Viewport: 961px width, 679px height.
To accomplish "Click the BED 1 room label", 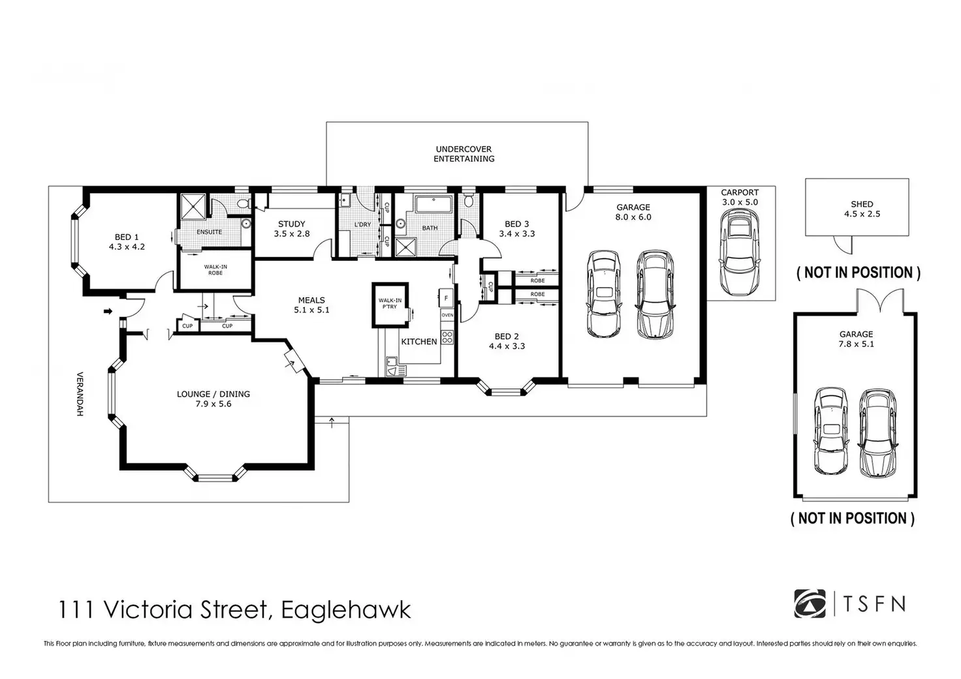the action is (x=127, y=237).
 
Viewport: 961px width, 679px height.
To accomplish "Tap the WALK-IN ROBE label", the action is (x=215, y=269).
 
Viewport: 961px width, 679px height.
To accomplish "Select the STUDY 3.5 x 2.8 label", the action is (x=292, y=228).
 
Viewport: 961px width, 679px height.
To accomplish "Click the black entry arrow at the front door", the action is (x=108, y=311).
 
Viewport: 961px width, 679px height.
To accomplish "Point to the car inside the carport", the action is (x=740, y=252).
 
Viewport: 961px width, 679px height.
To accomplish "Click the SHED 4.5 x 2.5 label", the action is (x=862, y=209).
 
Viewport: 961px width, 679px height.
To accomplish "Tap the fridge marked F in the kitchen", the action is (x=446, y=298).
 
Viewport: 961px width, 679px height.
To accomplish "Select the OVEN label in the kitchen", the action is (x=447, y=315).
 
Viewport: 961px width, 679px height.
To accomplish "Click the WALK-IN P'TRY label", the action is (x=390, y=303).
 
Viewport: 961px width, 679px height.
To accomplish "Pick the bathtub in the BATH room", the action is (x=433, y=204).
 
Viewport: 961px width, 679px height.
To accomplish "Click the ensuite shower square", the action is (x=193, y=207).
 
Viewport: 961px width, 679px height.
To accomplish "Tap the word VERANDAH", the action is (x=80, y=393).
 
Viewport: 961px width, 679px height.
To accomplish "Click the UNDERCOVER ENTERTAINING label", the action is (x=464, y=154).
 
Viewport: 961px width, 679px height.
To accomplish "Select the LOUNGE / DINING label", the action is (x=213, y=394).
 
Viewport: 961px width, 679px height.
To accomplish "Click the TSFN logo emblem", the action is (x=810, y=603).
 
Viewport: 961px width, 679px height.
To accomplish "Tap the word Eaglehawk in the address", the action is (x=346, y=609).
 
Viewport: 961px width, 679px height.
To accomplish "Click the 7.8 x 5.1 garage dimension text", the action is (x=857, y=344).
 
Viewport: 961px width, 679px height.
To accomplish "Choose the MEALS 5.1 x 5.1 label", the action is (x=311, y=305).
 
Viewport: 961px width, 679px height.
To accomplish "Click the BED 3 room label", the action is (x=516, y=224).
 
